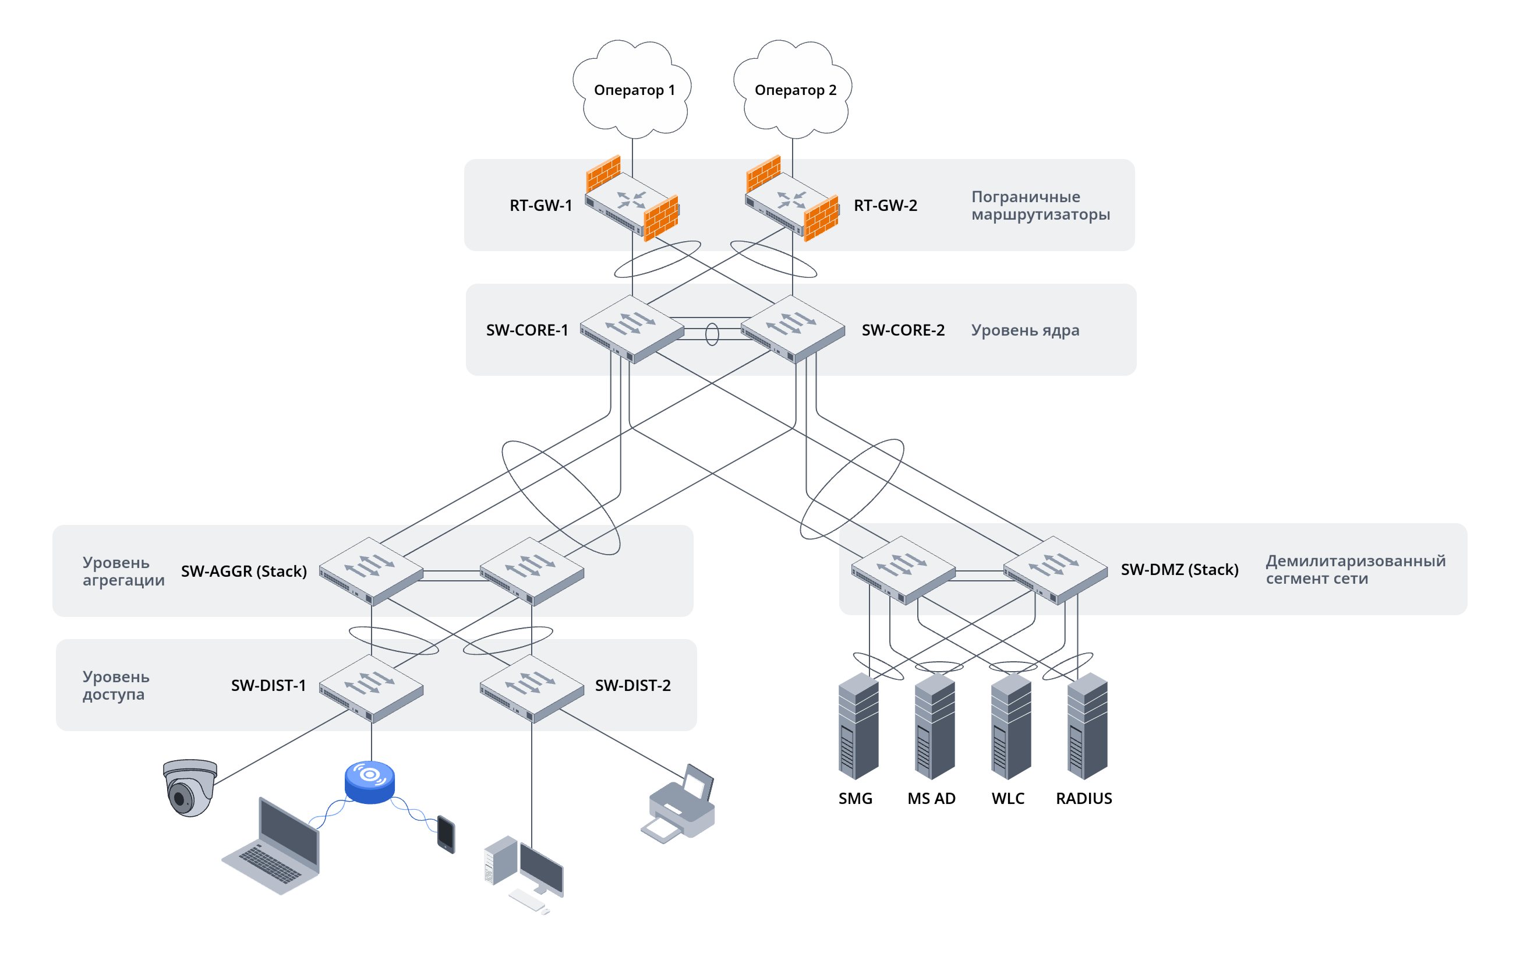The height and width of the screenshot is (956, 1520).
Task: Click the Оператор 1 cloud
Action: click(632, 89)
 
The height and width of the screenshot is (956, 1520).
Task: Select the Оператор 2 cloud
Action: click(793, 89)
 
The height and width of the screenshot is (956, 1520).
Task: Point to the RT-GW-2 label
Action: click(885, 205)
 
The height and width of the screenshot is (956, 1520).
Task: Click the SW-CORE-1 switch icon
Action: click(631, 329)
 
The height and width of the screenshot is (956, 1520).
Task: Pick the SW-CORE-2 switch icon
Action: click(792, 329)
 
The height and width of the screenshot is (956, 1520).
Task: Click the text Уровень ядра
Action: click(1024, 330)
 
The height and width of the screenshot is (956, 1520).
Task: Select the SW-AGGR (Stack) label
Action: click(243, 571)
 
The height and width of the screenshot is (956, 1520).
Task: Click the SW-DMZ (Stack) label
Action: click(1179, 569)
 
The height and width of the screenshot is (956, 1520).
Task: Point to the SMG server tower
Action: click(858, 726)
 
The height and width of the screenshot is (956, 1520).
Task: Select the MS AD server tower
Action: click(934, 726)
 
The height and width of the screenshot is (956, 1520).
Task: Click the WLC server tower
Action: click(1010, 726)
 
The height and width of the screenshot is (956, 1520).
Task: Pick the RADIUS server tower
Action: click(1087, 726)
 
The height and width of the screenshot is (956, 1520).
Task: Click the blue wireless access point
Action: click(369, 782)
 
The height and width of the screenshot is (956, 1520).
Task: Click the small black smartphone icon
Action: click(446, 834)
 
